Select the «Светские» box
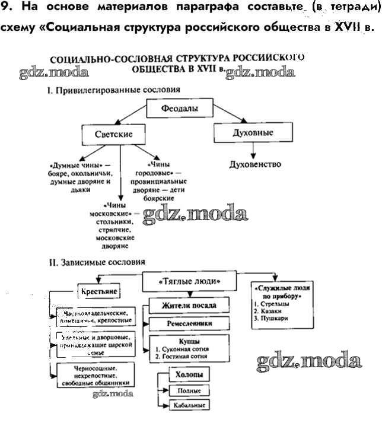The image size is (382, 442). pyautogui.click(x=113, y=135)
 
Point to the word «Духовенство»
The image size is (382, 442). pyautogui.click(x=254, y=164)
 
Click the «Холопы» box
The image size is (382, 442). pyautogui.click(x=189, y=376)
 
